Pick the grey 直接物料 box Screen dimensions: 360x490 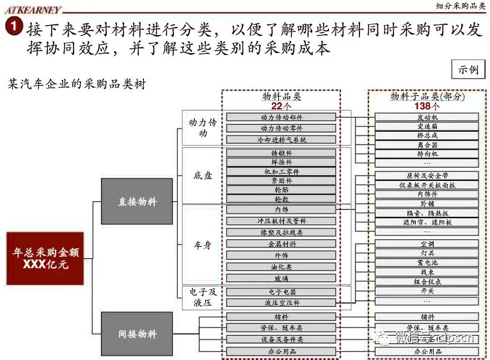(137, 201)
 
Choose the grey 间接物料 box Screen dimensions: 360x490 (137, 334)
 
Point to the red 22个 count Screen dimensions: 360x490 (281, 106)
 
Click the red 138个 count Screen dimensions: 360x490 (427, 106)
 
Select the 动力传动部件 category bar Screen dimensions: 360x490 (281, 117)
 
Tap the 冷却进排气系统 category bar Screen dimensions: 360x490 (281, 139)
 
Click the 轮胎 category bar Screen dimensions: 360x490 (281, 189)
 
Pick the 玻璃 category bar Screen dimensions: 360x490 (281, 278)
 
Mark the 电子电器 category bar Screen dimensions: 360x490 (281, 292)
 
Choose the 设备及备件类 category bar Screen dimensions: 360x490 (281, 339)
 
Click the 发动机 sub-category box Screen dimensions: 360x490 (427, 117)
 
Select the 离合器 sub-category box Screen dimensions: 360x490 (427, 145)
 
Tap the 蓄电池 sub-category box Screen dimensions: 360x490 (427, 263)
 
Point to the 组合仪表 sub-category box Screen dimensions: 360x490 (427, 281)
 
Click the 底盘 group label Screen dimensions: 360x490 (203, 175)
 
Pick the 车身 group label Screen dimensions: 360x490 (203, 245)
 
